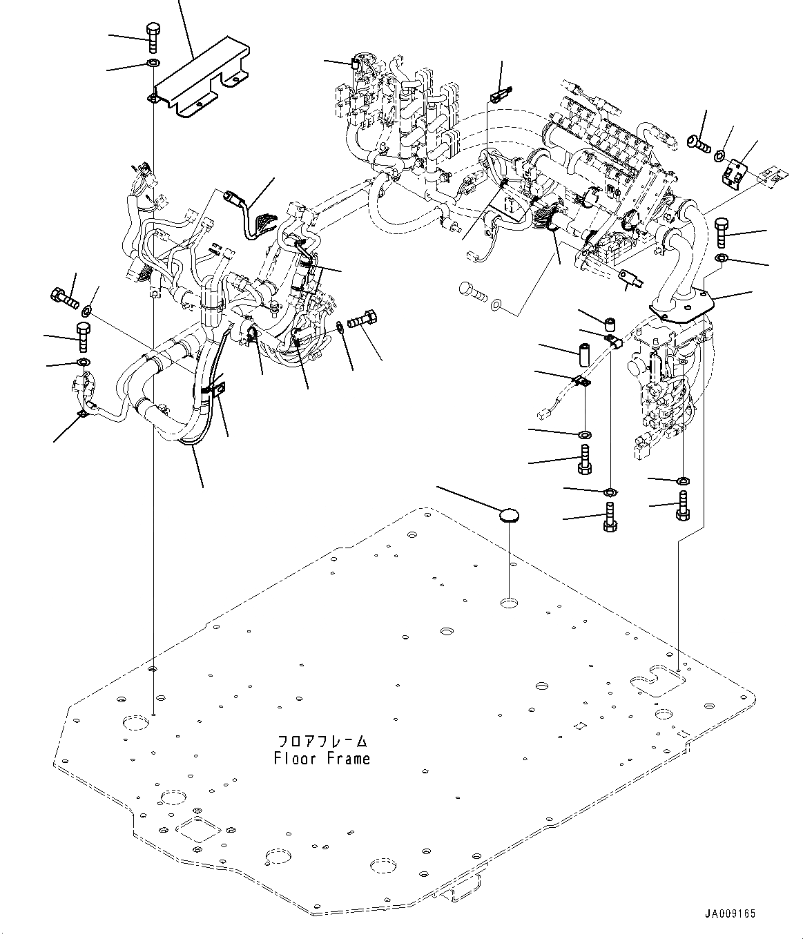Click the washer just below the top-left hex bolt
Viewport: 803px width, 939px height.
(153, 62)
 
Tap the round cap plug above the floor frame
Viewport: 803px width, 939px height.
(510, 516)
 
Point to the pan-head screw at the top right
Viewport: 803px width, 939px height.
(698, 144)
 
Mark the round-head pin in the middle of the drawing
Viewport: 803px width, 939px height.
(473, 291)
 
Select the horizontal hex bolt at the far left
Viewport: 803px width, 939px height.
(64, 298)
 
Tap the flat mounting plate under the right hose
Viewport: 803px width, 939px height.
(681, 307)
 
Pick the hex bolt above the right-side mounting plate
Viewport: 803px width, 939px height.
(722, 233)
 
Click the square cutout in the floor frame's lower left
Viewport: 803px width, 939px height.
(198, 831)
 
